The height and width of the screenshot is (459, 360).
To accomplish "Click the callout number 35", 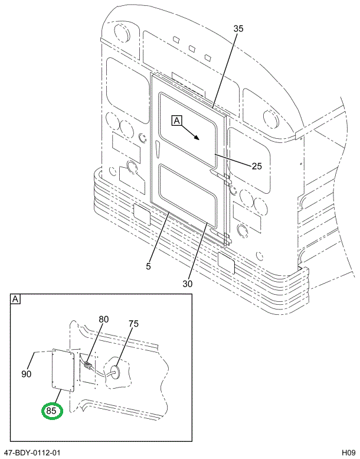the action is coord(238,29).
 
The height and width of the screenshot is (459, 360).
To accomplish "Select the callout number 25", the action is coord(257,166).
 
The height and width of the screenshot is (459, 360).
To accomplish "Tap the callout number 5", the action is coord(149,266).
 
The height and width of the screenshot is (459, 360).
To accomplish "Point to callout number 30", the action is coord(188,284).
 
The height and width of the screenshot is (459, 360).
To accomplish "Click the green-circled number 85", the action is coord(51,411).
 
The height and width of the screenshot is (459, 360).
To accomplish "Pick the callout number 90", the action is coord(27,374).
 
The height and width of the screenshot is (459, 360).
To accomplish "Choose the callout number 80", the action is coord(103,319).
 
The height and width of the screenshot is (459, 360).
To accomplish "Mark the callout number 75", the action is coord(133,324).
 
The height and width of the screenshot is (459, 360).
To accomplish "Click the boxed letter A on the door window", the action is coord(177,121).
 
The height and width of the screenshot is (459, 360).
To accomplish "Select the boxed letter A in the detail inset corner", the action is coord(15,299).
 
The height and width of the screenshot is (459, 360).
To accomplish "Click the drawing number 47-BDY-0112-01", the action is coord(31,453).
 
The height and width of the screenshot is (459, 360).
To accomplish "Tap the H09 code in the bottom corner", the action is coord(349,453).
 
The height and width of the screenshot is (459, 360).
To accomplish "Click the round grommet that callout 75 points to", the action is coord(114,372).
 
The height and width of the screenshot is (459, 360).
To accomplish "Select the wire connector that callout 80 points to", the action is coord(87,366).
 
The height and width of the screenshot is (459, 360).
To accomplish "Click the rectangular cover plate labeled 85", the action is coord(63,371).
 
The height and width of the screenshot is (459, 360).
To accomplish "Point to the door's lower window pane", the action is coord(188,196).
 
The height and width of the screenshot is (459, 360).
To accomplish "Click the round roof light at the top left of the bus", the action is coord(122,33).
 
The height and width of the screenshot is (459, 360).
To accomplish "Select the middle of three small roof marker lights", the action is coord(192,48).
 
